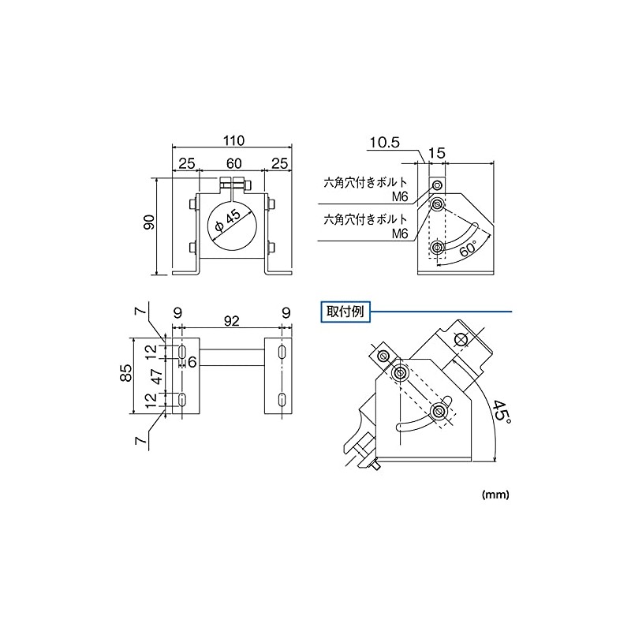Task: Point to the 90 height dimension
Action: [x=149, y=226]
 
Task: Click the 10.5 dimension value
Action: [x=385, y=143]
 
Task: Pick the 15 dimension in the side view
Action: [x=438, y=153]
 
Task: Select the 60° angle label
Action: [x=467, y=247]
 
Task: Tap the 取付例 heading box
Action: [x=345, y=312]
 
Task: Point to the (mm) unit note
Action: [x=495, y=495]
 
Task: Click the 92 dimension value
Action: [x=232, y=322]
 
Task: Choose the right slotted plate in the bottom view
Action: [x=280, y=376]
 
